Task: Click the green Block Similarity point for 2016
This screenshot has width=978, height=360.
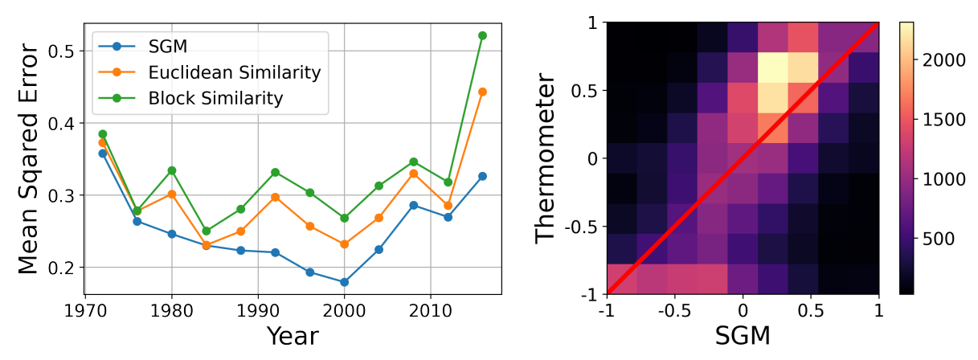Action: [482, 35]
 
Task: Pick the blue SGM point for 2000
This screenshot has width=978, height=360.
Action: [344, 282]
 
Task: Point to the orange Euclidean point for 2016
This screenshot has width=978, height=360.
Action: [482, 92]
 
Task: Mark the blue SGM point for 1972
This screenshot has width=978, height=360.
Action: [102, 153]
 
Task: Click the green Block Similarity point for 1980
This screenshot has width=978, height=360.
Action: [171, 170]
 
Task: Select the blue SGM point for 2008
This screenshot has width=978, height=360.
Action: [413, 205]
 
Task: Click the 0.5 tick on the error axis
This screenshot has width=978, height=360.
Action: [65, 51]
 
